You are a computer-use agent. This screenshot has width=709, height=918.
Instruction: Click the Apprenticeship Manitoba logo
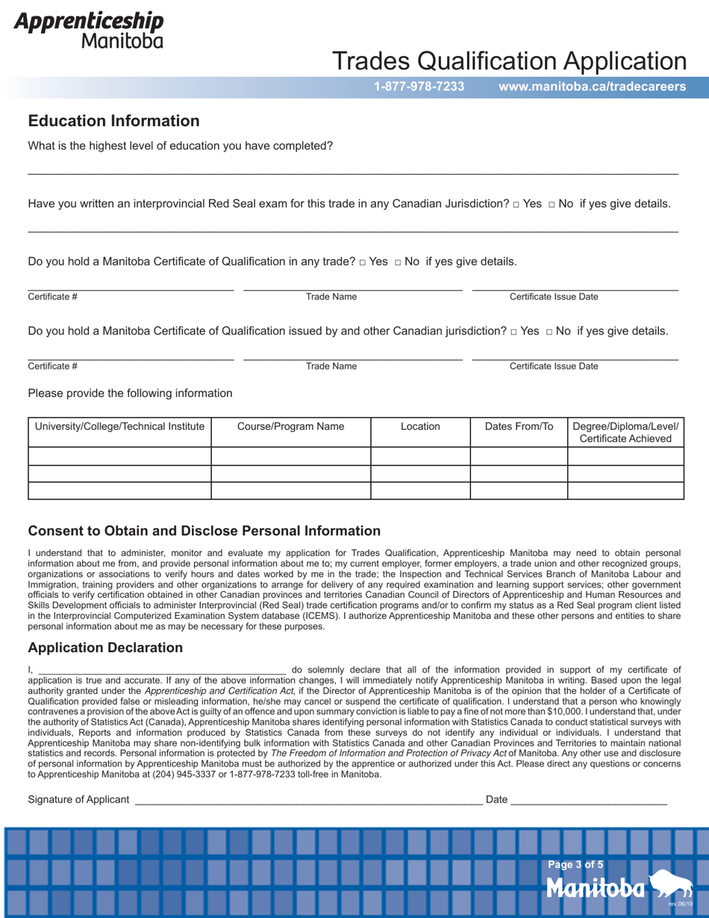(89, 30)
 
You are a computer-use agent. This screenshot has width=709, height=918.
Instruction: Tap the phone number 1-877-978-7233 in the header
(419, 87)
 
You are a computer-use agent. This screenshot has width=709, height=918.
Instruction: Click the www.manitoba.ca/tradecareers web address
(592, 87)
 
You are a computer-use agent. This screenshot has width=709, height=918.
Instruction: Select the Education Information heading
(113, 121)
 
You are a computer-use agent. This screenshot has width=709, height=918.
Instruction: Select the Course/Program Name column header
(290, 427)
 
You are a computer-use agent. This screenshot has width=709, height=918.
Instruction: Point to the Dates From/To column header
(519, 427)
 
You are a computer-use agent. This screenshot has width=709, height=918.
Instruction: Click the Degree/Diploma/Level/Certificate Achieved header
(625, 433)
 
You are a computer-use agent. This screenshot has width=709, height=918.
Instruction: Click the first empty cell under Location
(420, 455)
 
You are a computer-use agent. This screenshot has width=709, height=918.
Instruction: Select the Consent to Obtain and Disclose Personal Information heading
(204, 531)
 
